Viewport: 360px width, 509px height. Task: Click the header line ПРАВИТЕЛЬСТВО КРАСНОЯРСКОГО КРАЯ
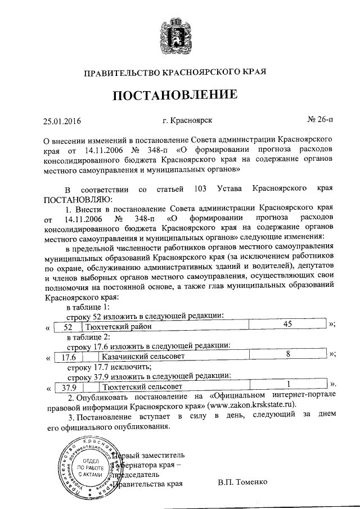[180, 72]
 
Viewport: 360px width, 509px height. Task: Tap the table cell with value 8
[288, 355]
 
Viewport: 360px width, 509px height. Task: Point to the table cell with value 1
[288, 386]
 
